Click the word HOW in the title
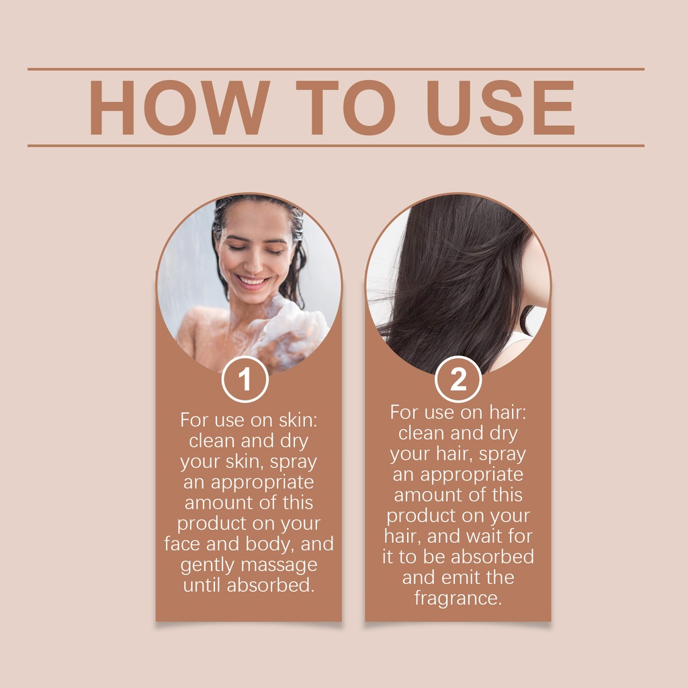(x=180, y=107)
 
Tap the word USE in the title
(x=501, y=107)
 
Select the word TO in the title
(x=346, y=107)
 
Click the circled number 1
(x=245, y=379)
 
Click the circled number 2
(x=458, y=379)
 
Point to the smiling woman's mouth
(x=251, y=282)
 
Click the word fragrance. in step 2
(x=458, y=599)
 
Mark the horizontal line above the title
(x=336, y=69)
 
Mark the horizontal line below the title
(x=336, y=146)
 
